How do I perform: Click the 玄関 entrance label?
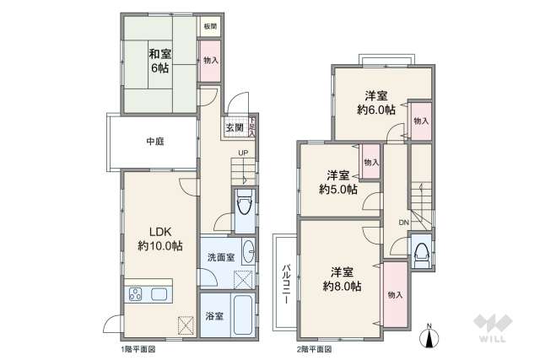coord(234,128)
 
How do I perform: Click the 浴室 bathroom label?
coord(213,316)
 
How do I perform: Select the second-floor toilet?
coord(419,250)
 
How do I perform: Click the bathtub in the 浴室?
coord(241,315)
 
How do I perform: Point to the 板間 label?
coord(209,26)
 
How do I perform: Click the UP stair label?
coord(242,153)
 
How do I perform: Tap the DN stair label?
coord(403,223)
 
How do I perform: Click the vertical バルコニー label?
coord(285,282)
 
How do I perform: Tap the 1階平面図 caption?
coord(138,348)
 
